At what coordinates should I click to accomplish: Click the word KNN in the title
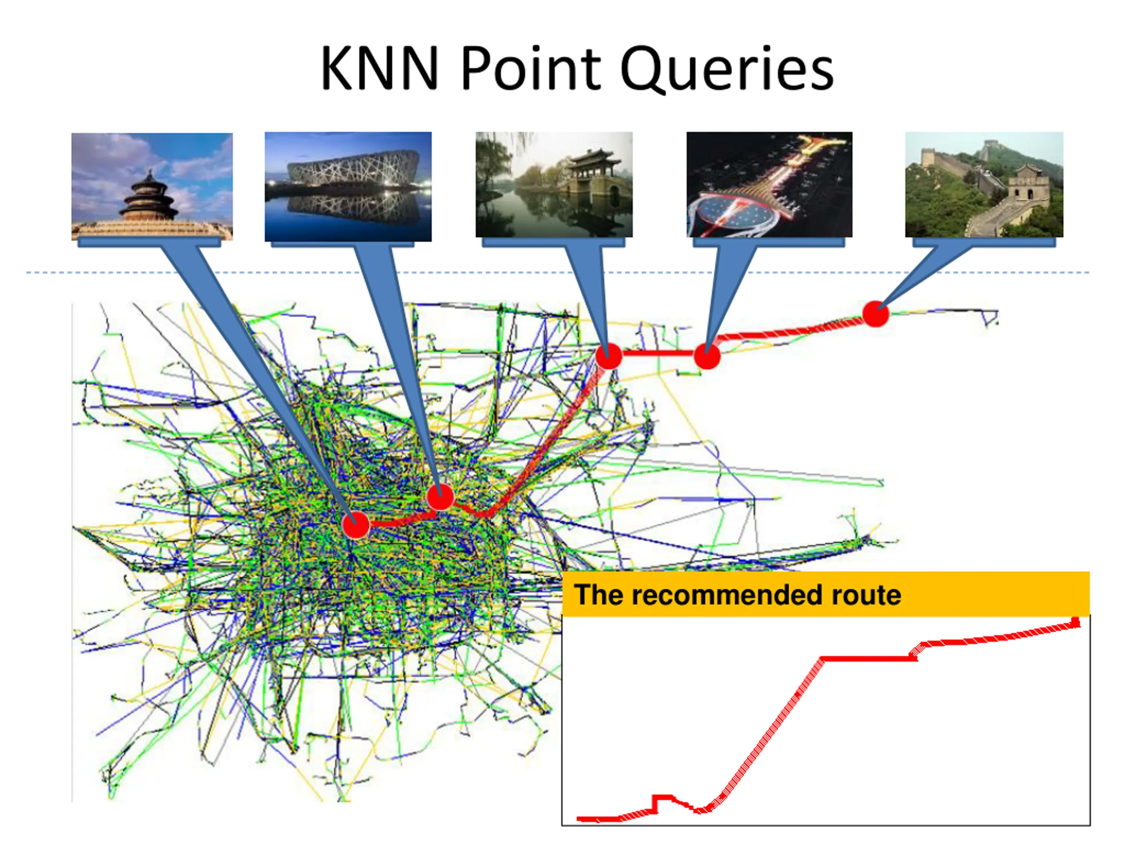pyautogui.click(x=379, y=68)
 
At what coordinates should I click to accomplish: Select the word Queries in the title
pyautogui.click(x=727, y=69)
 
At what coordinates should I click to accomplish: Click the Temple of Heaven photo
pyautogui.click(x=152, y=185)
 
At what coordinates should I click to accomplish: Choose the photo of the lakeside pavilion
pyautogui.click(x=554, y=184)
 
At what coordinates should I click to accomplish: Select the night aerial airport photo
pyautogui.click(x=769, y=184)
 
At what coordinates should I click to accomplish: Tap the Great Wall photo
pyautogui.click(x=983, y=184)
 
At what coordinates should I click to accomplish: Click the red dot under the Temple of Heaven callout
pyautogui.click(x=356, y=524)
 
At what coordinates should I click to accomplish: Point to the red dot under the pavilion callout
pyautogui.click(x=608, y=355)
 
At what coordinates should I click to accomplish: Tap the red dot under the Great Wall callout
pyautogui.click(x=875, y=313)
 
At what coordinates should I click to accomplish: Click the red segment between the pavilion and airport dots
pyautogui.click(x=657, y=353)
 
